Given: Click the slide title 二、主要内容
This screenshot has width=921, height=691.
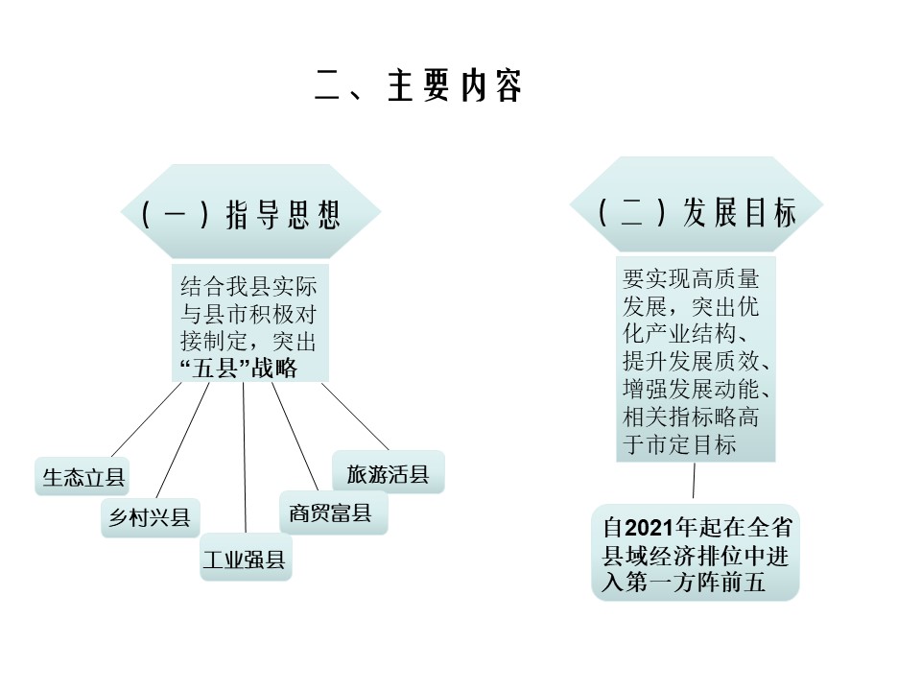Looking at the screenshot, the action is (418, 85).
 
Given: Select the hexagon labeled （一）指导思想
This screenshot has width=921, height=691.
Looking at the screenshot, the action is (250, 211).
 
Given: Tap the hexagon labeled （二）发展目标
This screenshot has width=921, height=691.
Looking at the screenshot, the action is (697, 205).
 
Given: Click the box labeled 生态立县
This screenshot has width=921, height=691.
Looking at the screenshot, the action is (83, 477).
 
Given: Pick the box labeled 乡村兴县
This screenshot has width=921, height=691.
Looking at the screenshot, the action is (151, 517).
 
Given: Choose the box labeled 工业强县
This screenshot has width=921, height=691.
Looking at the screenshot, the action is (246, 558).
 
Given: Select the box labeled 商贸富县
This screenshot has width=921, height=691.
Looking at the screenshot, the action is (333, 512).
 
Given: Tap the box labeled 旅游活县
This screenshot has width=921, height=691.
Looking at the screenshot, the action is (389, 473).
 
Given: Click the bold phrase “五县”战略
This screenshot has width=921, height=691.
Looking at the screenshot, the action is (239, 369).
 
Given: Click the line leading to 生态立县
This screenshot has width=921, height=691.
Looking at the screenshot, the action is (146, 419).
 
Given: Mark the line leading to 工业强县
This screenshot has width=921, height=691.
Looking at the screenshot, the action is (245, 457).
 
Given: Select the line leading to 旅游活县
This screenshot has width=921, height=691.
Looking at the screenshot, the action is (355, 416).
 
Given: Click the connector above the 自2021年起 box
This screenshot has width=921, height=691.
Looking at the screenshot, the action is (694, 481).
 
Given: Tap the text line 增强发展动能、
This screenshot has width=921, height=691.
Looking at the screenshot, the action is (697, 389).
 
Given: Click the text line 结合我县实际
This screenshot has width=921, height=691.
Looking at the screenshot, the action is (248, 286).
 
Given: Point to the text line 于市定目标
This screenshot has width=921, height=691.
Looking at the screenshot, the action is (679, 444).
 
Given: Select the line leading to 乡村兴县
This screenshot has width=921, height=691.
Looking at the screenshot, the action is (182, 441).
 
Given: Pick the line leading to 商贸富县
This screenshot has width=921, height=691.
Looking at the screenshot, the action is (295, 437).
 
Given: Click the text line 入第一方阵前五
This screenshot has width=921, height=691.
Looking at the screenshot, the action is (684, 583).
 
